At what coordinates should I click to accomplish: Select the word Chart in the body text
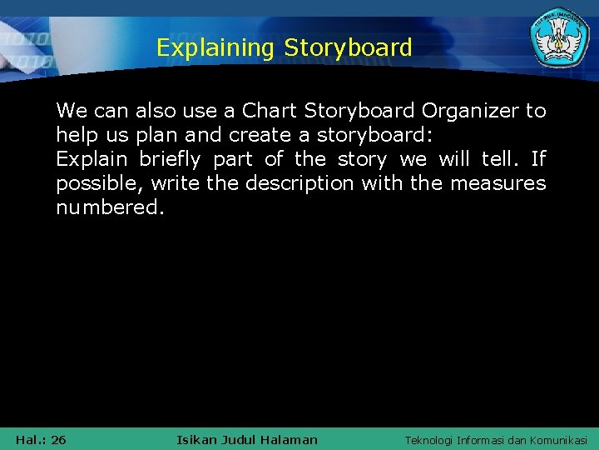tap(270, 111)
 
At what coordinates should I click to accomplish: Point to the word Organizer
tap(472, 111)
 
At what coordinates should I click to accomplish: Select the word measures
tap(498, 183)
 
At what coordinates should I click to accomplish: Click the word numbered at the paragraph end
tap(110, 207)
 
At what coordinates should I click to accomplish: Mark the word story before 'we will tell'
tap(362, 159)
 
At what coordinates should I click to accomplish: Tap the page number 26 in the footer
tap(58, 440)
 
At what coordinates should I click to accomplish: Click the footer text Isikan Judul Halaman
tap(247, 440)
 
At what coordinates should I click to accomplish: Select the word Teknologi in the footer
tap(433, 440)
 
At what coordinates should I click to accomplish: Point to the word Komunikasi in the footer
tap(557, 440)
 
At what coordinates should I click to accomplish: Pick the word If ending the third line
tap(537, 159)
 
